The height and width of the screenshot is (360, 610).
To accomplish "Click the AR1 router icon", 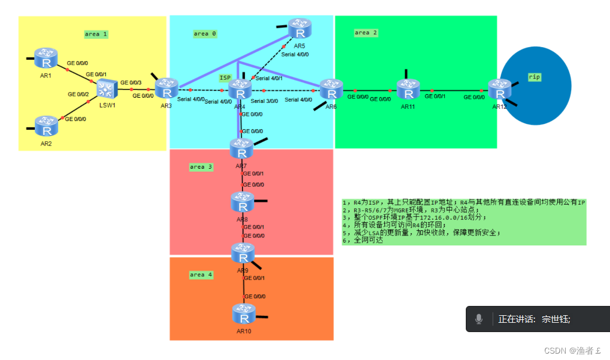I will (45, 58).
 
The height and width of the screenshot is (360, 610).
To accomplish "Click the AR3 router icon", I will (167, 89).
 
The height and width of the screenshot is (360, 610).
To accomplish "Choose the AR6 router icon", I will (331, 90).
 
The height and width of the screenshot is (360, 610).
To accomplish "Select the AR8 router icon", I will (243, 202).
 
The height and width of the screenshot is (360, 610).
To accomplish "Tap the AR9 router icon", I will (243, 254).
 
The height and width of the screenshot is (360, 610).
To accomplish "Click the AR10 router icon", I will (244, 315).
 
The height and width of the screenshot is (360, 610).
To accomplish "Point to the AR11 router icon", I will (408, 90).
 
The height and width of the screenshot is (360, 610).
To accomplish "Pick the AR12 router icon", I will (499, 90).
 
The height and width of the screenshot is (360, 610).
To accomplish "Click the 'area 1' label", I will (96, 34).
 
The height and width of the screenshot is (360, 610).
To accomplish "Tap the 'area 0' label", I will (205, 34).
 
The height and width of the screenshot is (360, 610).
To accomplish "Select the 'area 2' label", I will (366, 33).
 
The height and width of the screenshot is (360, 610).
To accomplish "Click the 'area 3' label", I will (201, 167).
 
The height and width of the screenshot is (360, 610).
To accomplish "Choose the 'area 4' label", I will (201, 275).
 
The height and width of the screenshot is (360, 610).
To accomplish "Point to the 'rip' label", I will (534, 77).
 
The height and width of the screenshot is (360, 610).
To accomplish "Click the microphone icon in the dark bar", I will (479, 319).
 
